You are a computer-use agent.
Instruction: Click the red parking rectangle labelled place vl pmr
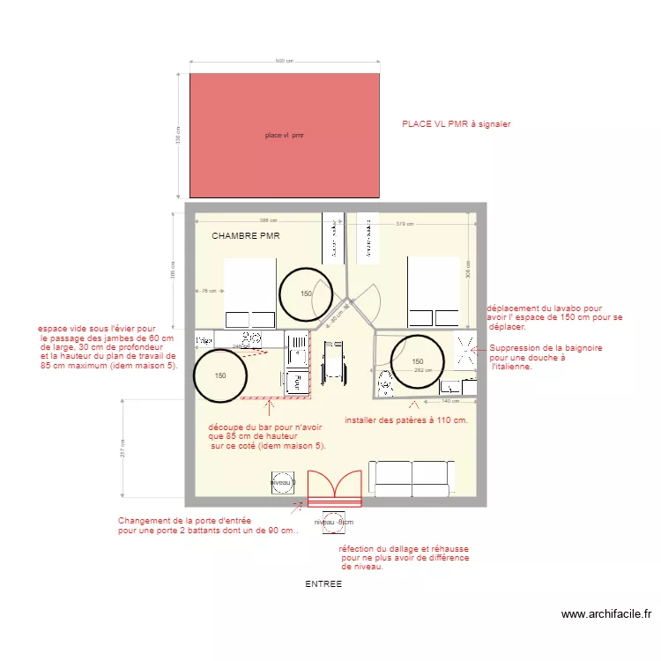285,135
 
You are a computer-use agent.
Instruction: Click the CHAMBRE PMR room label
246,236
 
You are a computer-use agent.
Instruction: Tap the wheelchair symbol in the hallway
333,362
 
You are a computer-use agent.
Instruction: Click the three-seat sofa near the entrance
412,477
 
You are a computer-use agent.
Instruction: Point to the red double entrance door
334,490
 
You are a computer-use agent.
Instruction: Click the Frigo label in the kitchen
203,339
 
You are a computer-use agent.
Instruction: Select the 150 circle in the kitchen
220,375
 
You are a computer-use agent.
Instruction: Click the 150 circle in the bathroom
417,361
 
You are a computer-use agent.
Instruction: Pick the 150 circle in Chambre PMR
306,293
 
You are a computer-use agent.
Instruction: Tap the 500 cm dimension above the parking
284,62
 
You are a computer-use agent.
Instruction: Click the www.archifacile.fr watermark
605,614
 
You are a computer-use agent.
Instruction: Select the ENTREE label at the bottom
323,584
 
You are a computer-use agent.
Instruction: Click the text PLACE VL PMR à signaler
456,124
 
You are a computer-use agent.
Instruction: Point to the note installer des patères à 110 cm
406,420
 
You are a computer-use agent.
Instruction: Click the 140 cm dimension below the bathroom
451,401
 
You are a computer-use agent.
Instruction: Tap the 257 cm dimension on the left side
123,449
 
